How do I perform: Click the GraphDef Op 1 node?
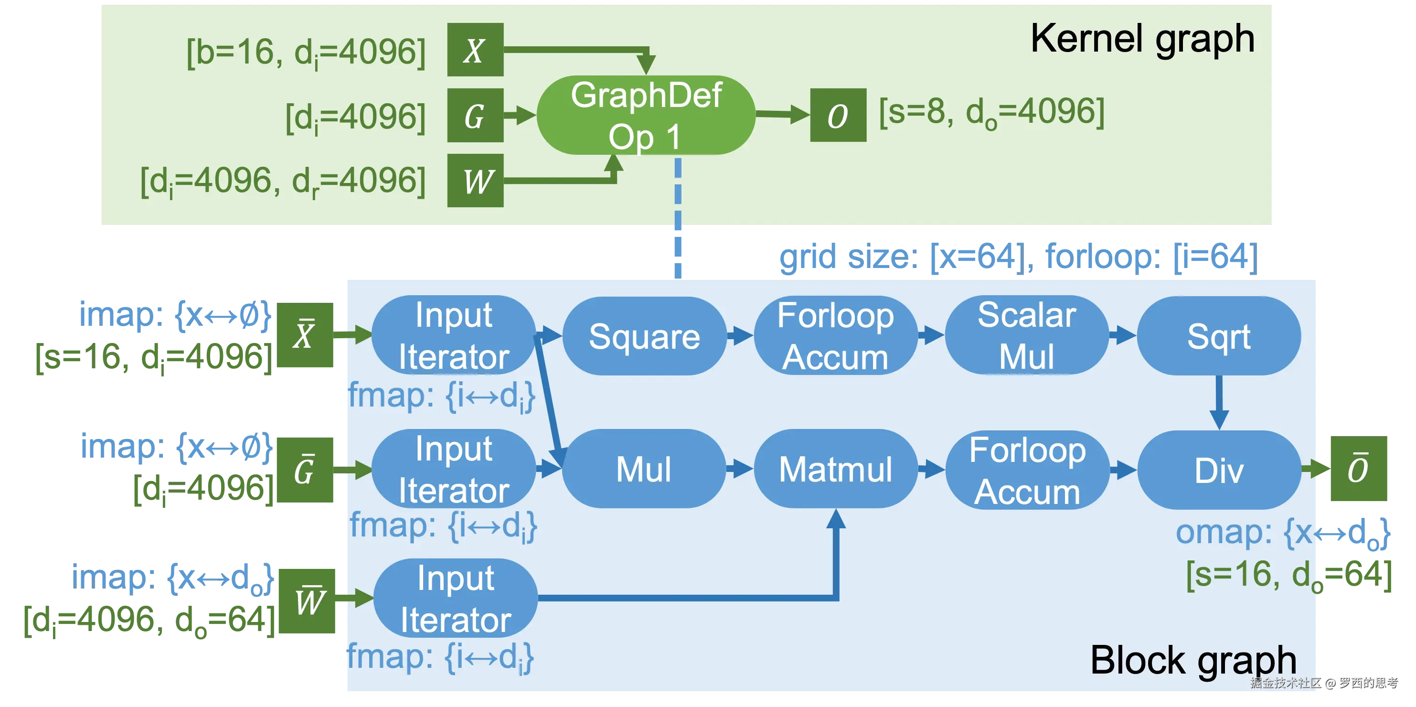tap(645, 115)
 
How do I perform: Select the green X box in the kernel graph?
tap(475, 50)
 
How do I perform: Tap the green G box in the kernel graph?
tap(475, 115)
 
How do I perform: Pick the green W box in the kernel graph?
tap(475, 180)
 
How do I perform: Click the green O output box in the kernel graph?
tap(838, 115)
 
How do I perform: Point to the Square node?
tap(644, 336)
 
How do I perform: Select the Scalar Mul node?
tap(1026, 335)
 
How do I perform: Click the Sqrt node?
tap(1218, 336)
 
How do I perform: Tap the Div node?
tap(1218, 470)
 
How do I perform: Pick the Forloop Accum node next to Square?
tap(836, 335)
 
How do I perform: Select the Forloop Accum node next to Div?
tap(1027, 470)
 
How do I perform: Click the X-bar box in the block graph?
tap(305, 335)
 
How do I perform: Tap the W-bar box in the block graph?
tap(308, 600)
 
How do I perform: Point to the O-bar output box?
tap(1359, 470)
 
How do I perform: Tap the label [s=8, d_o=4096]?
tap(991, 113)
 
